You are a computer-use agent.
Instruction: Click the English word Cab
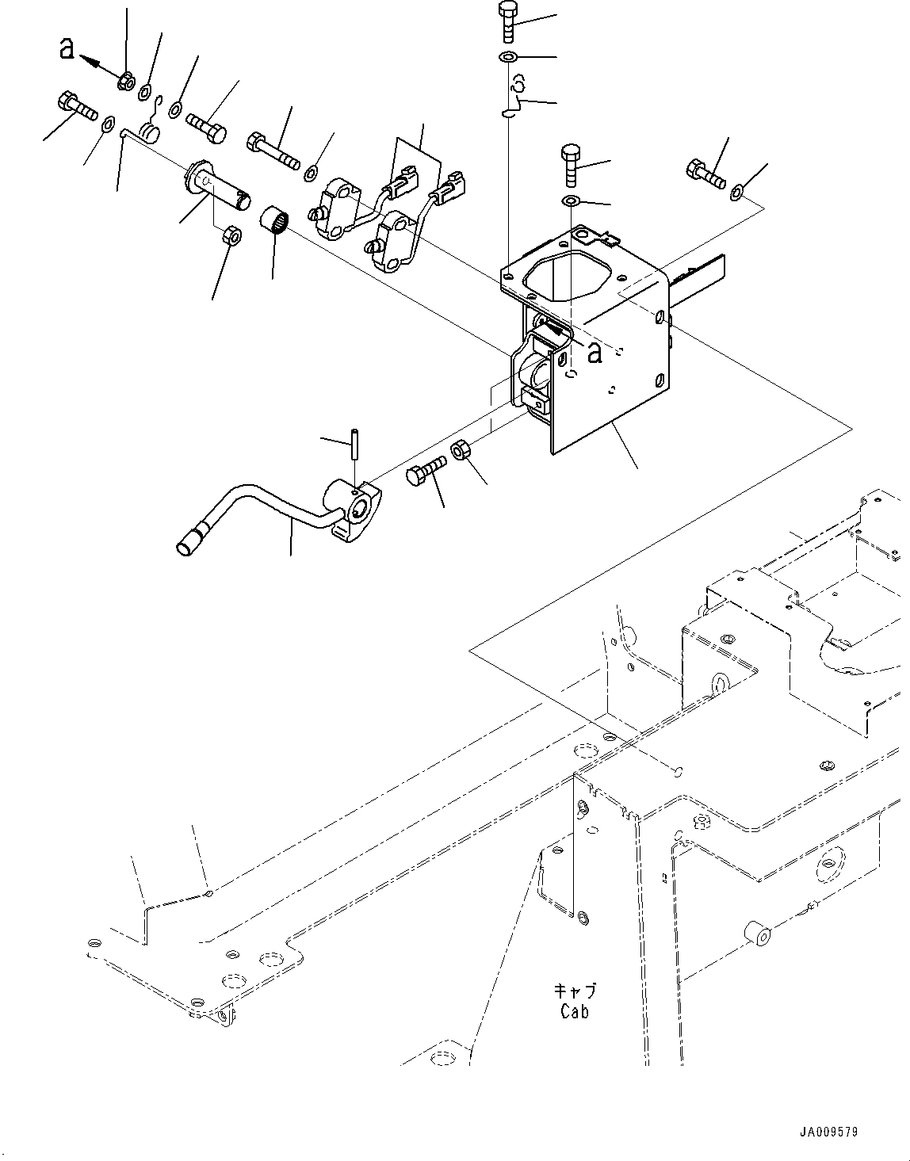click(x=574, y=1011)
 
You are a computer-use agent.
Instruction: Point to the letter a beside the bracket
click(x=594, y=353)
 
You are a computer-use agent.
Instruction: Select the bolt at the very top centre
click(x=507, y=22)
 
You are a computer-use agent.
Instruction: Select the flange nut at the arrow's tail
click(x=124, y=80)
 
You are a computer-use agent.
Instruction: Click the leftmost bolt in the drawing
click(x=75, y=106)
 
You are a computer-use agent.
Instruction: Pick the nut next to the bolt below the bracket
click(x=461, y=453)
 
